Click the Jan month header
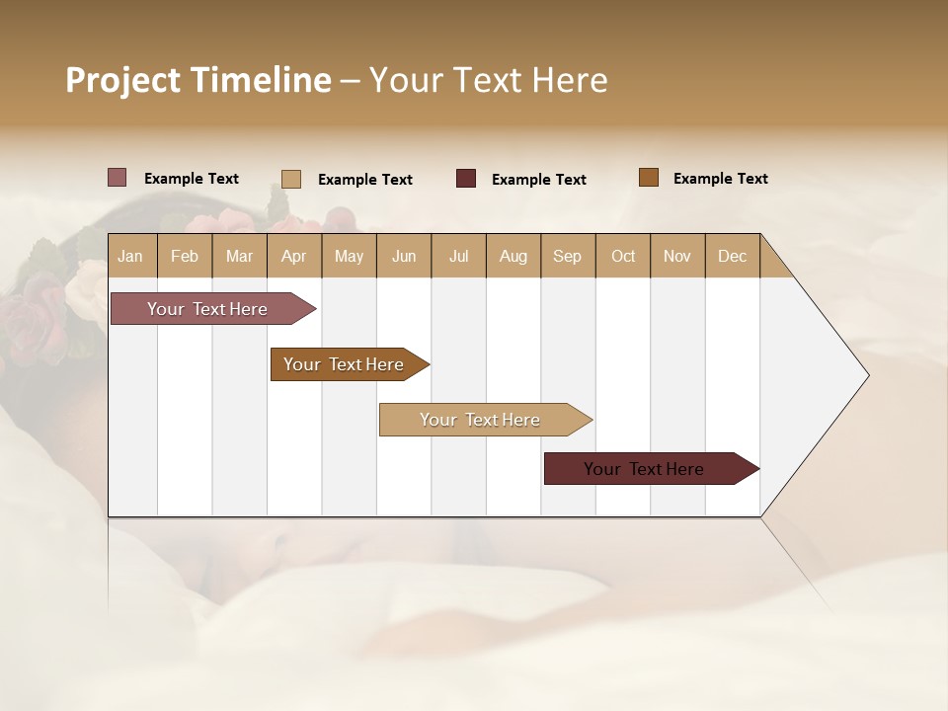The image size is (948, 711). point(130,256)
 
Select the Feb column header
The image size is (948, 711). point(185,256)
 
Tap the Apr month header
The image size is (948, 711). point(293,256)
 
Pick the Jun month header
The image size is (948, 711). point(404,256)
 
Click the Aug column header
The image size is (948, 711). point(513,256)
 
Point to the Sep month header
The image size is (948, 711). point(567,256)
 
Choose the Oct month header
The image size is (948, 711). point(623,256)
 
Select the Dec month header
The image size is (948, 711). point(732,256)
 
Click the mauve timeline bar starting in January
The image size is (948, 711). point(207,309)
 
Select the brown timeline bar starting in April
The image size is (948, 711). point(344,364)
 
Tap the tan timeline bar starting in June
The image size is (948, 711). point(480,420)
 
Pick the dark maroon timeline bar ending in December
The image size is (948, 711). point(644,469)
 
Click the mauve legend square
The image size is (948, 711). point(117,178)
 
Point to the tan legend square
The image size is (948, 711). point(290,179)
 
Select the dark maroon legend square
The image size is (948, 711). point(465,179)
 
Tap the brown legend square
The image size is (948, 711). point(648,178)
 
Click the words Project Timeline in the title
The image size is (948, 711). point(197,80)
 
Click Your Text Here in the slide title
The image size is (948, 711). point(488,80)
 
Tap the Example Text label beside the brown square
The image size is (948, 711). point(720,179)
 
